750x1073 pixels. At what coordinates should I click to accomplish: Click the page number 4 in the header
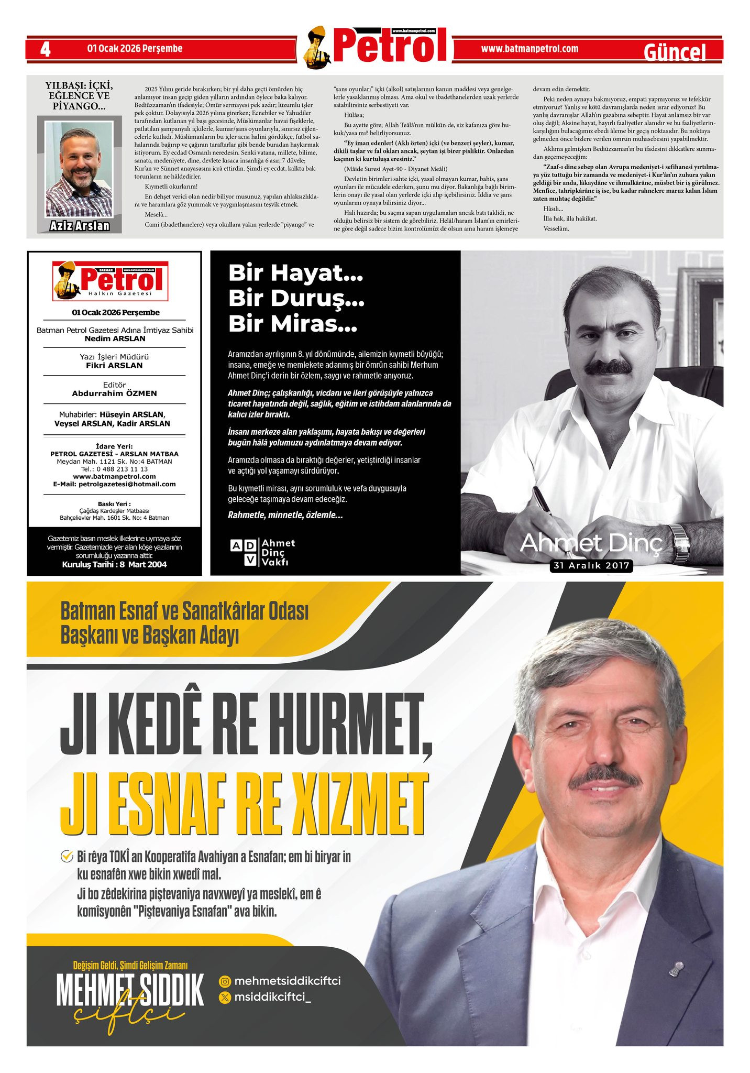pyautogui.click(x=46, y=49)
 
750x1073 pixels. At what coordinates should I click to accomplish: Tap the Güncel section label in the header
pyautogui.click(x=675, y=52)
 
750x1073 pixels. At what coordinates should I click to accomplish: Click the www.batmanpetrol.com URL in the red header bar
pyautogui.click(x=530, y=49)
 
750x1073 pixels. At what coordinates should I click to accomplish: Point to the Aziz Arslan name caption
pyautogui.click(x=80, y=226)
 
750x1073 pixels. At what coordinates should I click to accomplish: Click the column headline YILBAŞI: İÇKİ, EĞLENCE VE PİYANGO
pyautogui.click(x=79, y=95)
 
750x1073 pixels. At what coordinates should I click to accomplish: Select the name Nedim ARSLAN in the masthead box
pyautogui.click(x=115, y=338)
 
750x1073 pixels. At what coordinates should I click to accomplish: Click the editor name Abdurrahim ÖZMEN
pyautogui.click(x=114, y=393)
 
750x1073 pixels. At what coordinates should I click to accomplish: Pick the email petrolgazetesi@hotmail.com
pyautogui.click(x=127, y=484)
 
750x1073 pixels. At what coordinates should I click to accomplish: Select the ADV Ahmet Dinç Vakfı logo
pyautogui.click(x=262, y=552)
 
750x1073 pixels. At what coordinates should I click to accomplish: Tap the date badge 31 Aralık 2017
pyautogui.click(x=591, y=566)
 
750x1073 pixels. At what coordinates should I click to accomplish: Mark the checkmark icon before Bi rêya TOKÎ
pyautogui.click(x=67, y=857)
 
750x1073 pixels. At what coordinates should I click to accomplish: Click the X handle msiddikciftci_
pyautogui.click(x=272, y=997)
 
